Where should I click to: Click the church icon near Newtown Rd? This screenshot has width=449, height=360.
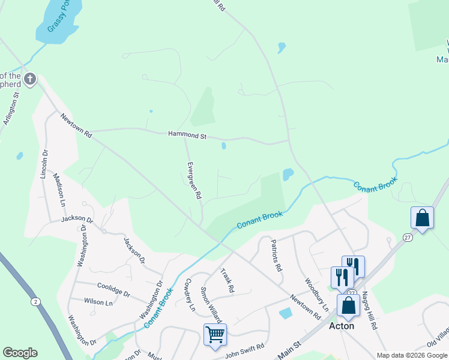(30, 79)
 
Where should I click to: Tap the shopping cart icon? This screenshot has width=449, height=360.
(215, 335)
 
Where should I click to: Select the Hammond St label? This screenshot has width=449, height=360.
(187, 136)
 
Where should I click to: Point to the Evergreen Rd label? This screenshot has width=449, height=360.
(193, 180)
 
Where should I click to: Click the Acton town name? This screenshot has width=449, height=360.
(342, 326)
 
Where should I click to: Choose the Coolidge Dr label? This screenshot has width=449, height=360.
(113, 289)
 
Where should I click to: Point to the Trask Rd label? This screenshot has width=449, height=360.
(227, 280)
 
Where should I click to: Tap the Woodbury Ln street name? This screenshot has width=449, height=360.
(316, 293)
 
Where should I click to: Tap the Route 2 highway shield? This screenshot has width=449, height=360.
(36, 301)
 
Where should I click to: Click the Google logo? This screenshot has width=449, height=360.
(20, 352)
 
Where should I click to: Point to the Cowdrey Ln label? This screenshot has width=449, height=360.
(190, 294)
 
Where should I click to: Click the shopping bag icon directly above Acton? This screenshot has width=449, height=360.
(348, 305)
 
